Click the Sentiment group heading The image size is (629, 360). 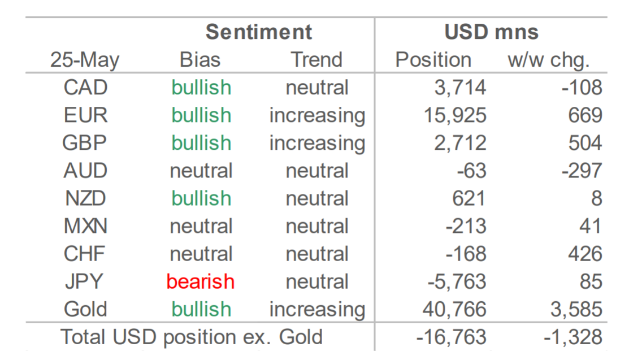click(259, 32)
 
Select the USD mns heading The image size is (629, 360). click(492, 32)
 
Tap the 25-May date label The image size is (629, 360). click(85, 60)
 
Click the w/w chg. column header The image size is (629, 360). click(548, 60)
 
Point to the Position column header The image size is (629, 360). click(433, 60)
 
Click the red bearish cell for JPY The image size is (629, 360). click(200, 281)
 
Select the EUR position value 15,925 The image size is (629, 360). click(455, 116)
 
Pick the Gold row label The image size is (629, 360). click(85, 309)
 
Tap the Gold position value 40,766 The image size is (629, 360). click(454, 310)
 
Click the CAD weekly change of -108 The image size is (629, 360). click(582, 88)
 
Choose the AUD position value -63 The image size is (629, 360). click(471, 171)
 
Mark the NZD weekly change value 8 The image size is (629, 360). click(597, 198)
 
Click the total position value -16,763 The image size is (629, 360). click(452, 337)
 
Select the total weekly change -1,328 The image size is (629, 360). click(573, 337)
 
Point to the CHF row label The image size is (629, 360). click(84, 254)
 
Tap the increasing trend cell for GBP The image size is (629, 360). click(317, 144)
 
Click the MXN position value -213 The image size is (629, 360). click(466, 226)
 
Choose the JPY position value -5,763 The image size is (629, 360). click(457, 282)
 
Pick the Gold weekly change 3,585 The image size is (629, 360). click(576, 310)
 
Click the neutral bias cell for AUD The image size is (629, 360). click(201, 171)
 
